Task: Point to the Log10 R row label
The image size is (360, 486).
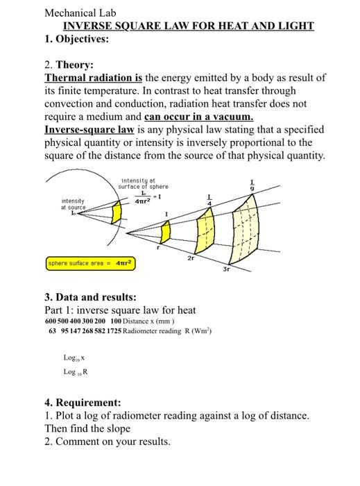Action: point(76,373)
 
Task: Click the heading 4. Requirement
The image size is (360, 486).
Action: point(83,402)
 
